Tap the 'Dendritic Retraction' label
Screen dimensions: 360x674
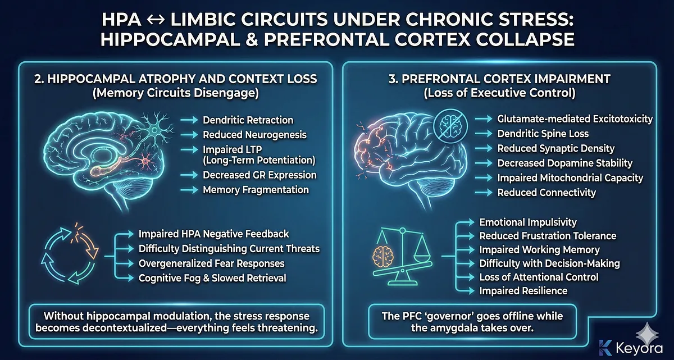pyautogui.click(x=248, y=120)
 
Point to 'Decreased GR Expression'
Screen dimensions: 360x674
pyautogui.click(x=259, y=175)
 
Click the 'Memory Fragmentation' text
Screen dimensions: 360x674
pyautogui.click(x=256, y=190)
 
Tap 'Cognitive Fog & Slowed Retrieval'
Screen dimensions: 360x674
pyautogui.click(x=212, y=277)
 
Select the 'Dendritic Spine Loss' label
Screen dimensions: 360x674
pyautogui.click(x=543, y=134)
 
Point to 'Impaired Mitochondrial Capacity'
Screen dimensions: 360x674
pyautogui.click(x=570, y=177)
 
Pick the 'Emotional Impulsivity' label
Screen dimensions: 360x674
pyautogui.click(x=527, y=222)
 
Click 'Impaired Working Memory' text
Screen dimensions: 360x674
pyautogui.click(x=539, y=249)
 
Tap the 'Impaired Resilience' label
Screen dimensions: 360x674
pyautogui.click(x=523, y=290)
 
